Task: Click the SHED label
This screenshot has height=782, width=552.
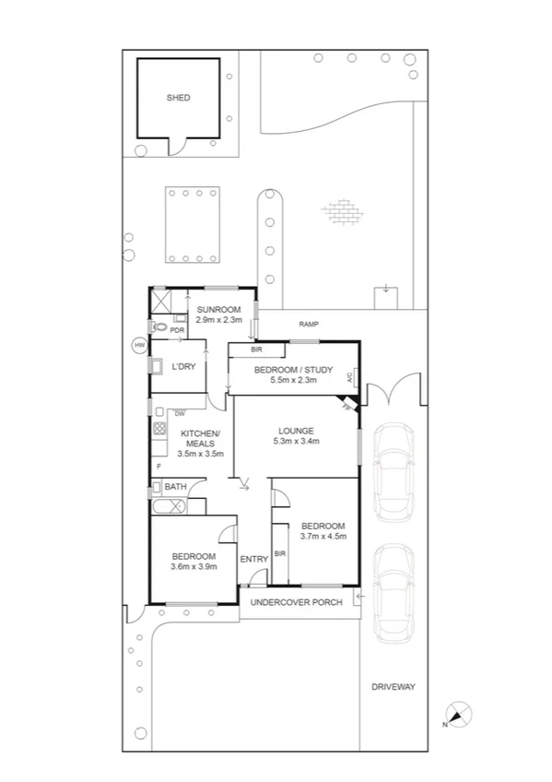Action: click(x=178, y=97)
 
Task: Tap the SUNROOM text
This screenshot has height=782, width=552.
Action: click(x=218, y=309)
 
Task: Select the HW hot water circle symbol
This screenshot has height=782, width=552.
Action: click(x=139, y=345)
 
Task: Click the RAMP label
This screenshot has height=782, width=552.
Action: click(x=309, y=325)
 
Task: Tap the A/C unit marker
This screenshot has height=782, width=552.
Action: click(x=350, y=378)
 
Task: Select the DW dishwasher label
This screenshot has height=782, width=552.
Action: click(x=179, y=413)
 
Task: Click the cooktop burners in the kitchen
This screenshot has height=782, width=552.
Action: click(x=159, y=429)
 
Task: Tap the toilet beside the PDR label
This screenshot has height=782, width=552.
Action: click(x=159, y=326)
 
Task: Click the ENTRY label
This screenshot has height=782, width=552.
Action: click(x=253, y=559)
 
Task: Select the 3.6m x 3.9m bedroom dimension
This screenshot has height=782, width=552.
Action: click(x=194, y=566)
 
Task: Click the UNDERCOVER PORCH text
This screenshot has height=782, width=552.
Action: click(x=299, y=602)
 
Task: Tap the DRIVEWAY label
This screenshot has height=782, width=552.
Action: click(x=394, y=687)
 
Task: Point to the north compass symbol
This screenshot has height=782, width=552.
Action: click(x=458, y=714)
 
